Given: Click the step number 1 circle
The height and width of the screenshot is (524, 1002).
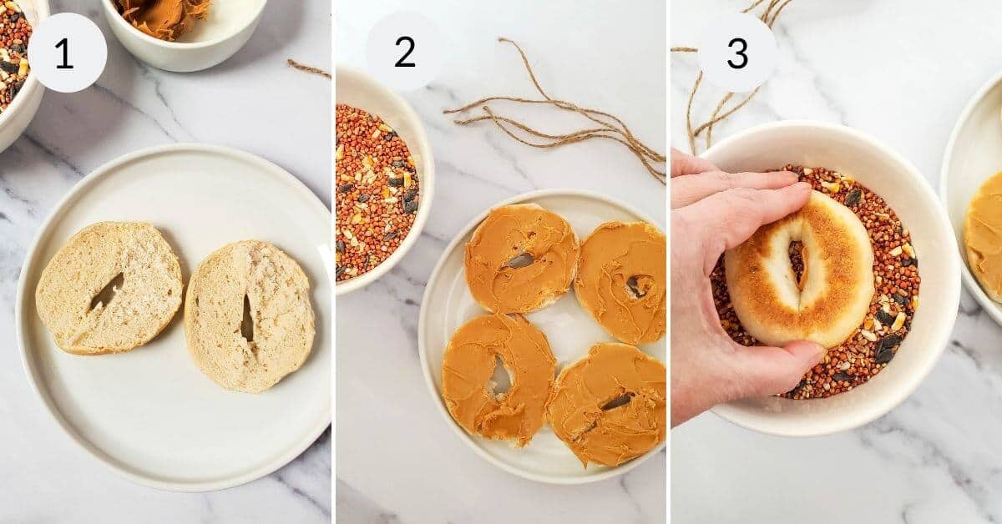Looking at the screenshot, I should (x=66, y=53).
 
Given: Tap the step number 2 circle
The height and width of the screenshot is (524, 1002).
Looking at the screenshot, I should (x=404, y=53).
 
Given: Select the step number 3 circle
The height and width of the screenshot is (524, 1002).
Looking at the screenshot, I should (x=736, y=53).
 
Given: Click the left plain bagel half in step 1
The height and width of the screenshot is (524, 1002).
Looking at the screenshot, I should (x=109, y=287).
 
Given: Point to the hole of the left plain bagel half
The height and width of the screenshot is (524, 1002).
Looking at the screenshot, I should (x=106, y=292).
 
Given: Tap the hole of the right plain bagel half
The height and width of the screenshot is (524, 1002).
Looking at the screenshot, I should (x=246, y=320).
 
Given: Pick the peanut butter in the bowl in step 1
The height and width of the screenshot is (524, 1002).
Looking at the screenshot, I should (x=164, y=15).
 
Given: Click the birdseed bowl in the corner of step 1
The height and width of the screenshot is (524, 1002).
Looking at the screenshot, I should (x=14, y=58).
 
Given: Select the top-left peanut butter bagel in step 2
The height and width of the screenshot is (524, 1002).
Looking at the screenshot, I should (x=520, y=257).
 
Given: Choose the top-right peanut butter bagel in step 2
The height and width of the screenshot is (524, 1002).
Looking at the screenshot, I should (x=622, y=281).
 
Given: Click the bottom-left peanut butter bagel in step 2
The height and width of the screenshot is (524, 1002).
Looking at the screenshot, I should (x=498, y=377).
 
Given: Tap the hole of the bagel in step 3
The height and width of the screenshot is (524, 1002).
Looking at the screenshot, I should (x=796, y=262).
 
